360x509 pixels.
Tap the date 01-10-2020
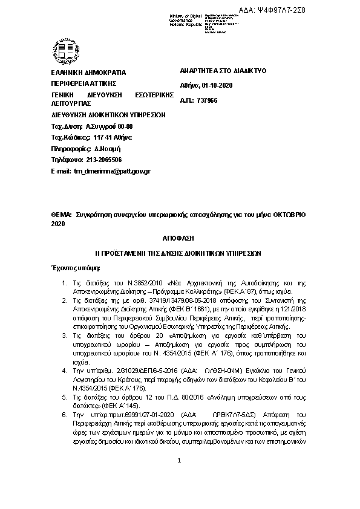218,85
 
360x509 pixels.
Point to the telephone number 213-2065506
103,160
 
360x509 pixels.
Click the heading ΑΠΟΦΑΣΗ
180,240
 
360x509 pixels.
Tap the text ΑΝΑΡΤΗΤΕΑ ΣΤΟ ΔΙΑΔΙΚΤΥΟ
223,71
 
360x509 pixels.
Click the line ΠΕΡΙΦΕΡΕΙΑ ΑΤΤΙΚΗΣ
83,83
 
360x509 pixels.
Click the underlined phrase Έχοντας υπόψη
76,267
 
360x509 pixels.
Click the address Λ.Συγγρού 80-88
108,126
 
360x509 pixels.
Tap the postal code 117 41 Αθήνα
108,137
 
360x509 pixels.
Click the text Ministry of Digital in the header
186,15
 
